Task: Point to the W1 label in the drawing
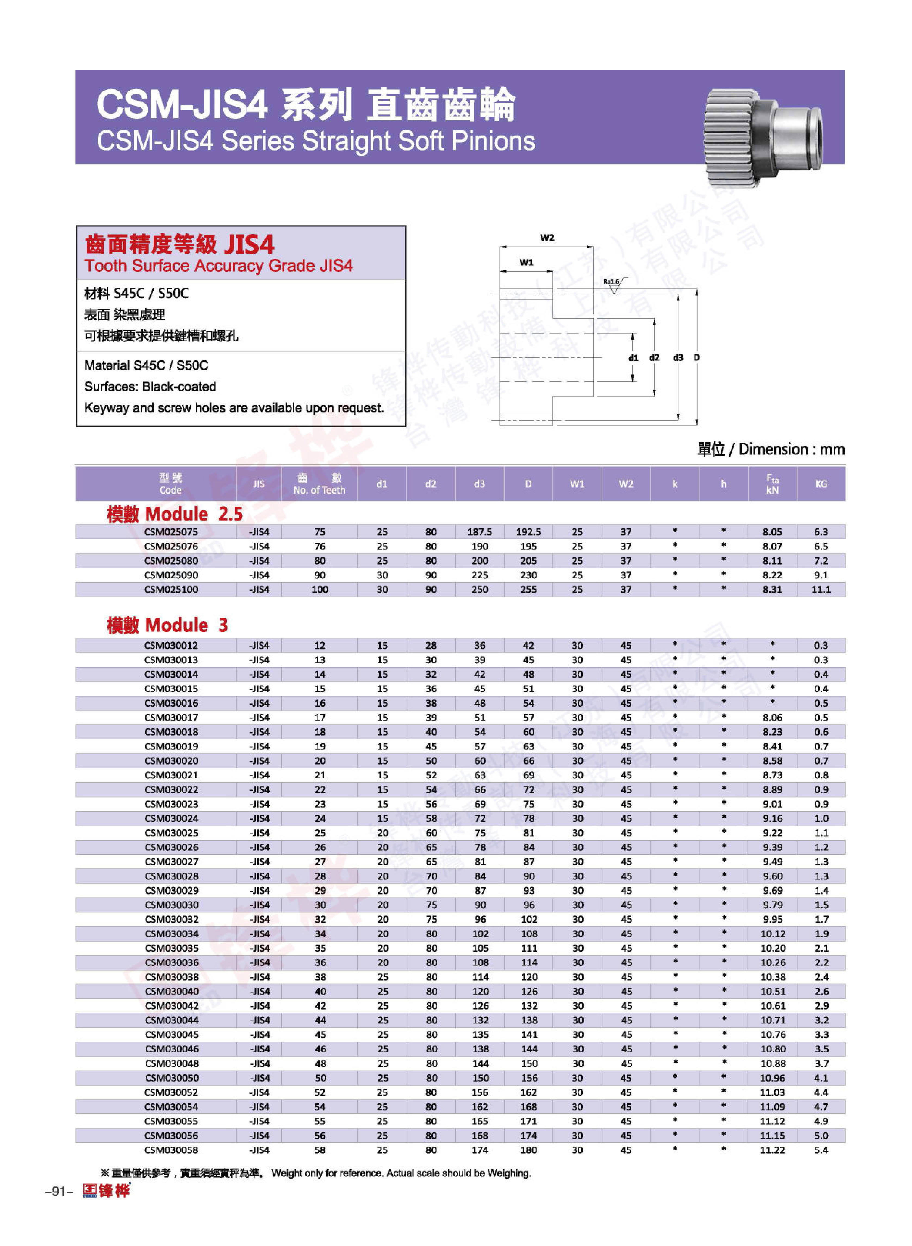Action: click(x=526, y=262)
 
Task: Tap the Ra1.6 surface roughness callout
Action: click(x=611, y=282)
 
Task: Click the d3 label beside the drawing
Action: click(x=678, y=358)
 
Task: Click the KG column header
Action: click(x=821, y=484)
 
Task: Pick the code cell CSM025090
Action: click(x=171, y=575)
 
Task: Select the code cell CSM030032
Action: click(x=171, y=919)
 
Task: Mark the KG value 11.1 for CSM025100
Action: click(x=821, y=589)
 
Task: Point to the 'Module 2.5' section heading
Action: click(x=175, y=514)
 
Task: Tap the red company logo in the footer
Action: click(x=107, y=1191)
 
